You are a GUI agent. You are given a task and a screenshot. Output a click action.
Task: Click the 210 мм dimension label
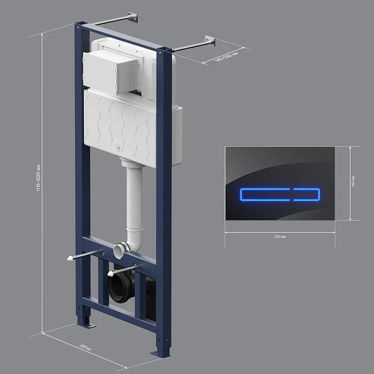[x=280, y=237]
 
